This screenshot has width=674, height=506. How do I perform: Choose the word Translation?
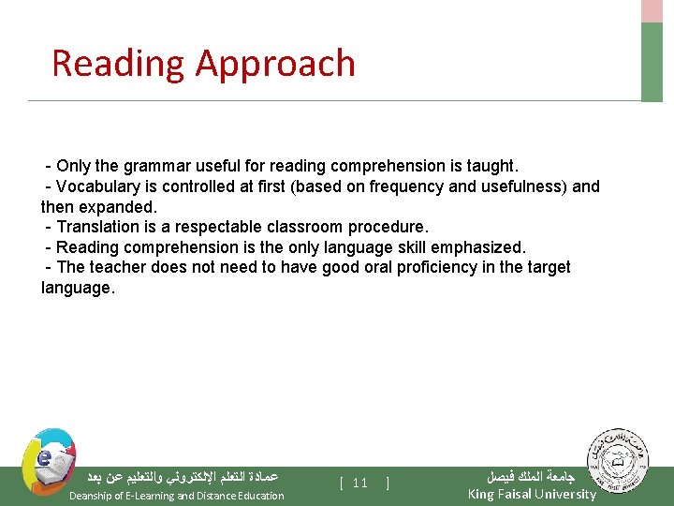pos(102,227)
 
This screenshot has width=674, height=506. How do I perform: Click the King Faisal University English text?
pos(531,494)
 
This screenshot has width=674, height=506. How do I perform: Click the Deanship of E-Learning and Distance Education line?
pos(177,496)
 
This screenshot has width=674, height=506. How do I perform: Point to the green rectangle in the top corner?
pos(652,60)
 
